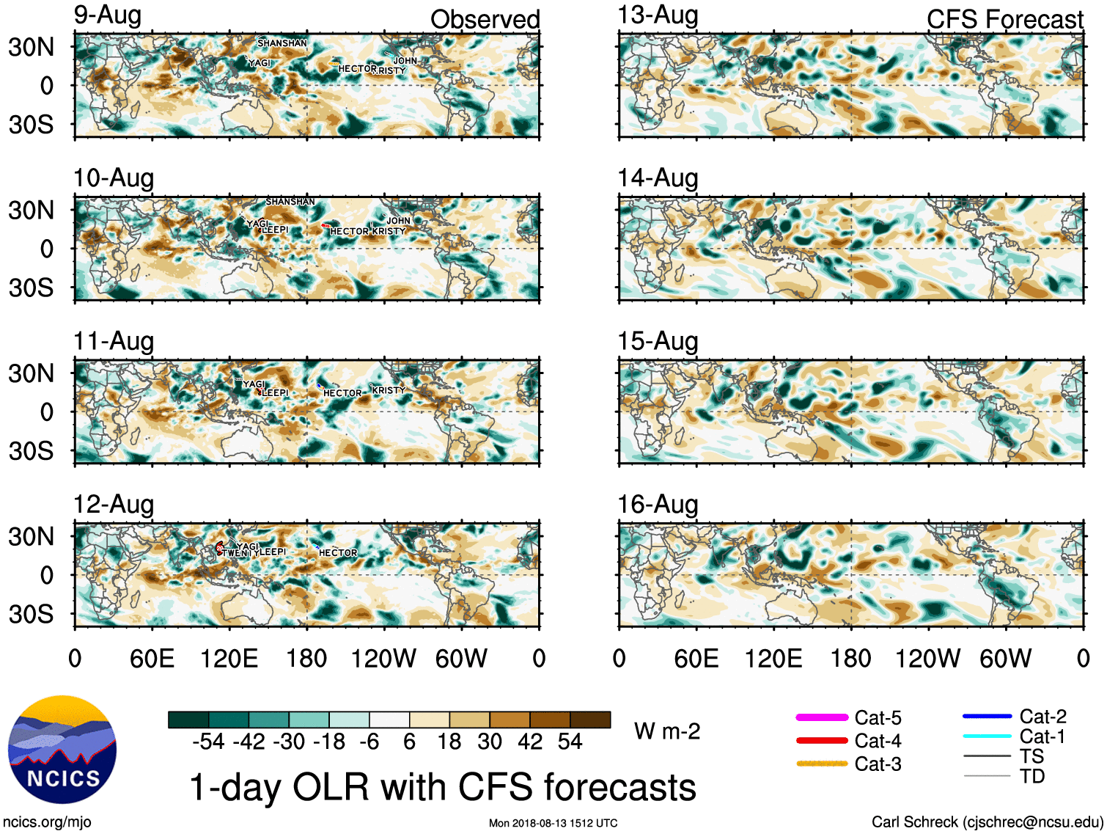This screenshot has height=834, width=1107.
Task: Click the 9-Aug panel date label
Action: point(107,15)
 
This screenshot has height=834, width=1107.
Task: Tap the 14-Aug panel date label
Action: point(658,178)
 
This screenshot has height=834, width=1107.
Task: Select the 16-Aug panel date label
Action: point(658,505)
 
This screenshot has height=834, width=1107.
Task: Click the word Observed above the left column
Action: point(485,19)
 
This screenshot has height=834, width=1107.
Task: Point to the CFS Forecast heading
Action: point(1004,19)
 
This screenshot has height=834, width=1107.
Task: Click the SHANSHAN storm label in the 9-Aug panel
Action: point(282,43)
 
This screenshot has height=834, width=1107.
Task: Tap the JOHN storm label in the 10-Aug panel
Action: point(399,221)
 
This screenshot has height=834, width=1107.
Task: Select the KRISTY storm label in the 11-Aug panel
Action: point(389,390)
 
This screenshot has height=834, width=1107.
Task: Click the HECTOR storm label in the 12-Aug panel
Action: point(338,553)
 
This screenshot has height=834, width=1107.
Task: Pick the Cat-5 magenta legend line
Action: point(822,717)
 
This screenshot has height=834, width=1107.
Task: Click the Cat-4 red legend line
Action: point(822,741)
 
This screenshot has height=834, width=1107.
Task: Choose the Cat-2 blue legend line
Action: point(987,716)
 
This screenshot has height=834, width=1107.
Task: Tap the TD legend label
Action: point(1032,776)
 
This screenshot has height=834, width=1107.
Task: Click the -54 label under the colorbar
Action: point(208,742)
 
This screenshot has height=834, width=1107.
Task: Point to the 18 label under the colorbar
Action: point(449,742)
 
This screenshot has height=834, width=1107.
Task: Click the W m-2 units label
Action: point(667,731)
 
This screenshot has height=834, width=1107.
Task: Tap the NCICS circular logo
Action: point(62,749)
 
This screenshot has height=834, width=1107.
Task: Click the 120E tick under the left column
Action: point(229,659)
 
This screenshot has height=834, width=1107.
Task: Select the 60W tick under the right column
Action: point(1005,659)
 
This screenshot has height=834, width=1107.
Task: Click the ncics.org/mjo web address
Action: point(47,822)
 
